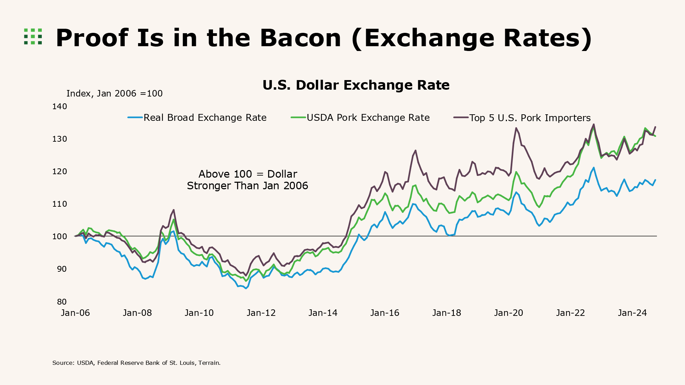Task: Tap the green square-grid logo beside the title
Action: click(x=33, y=36)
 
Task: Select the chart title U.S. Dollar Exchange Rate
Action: click(x=356, y=85)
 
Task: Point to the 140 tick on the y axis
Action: click(x=60, y=106)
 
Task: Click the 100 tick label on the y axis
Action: click(x=60, y=236)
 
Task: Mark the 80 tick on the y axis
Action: click(x=62, y=301)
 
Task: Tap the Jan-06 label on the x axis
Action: click(x=75, y=313)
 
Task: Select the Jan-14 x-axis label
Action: click(x=323, y=313)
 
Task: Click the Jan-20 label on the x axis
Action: click(x=508, y=313)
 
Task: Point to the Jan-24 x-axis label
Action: click(x=632, y=313)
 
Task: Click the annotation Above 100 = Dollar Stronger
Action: click(x=247, y=180)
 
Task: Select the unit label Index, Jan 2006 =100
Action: click(x=114, y=93)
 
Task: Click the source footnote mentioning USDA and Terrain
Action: click(x=136, y=363)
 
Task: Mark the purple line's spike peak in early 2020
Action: click(x=516, y=128)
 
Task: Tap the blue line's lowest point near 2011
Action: click(x=246, y=288)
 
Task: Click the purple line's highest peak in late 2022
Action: click(x=594, y=124)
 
